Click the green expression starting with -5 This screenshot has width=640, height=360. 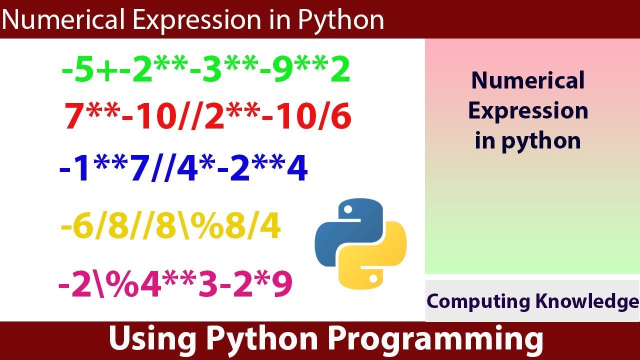click(x=205, y=71)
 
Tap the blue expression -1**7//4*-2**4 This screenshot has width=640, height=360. click(x=183, y=169)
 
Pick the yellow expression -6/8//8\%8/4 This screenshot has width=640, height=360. click(x=170, y=227)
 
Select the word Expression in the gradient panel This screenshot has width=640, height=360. click(x=528, y=111)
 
